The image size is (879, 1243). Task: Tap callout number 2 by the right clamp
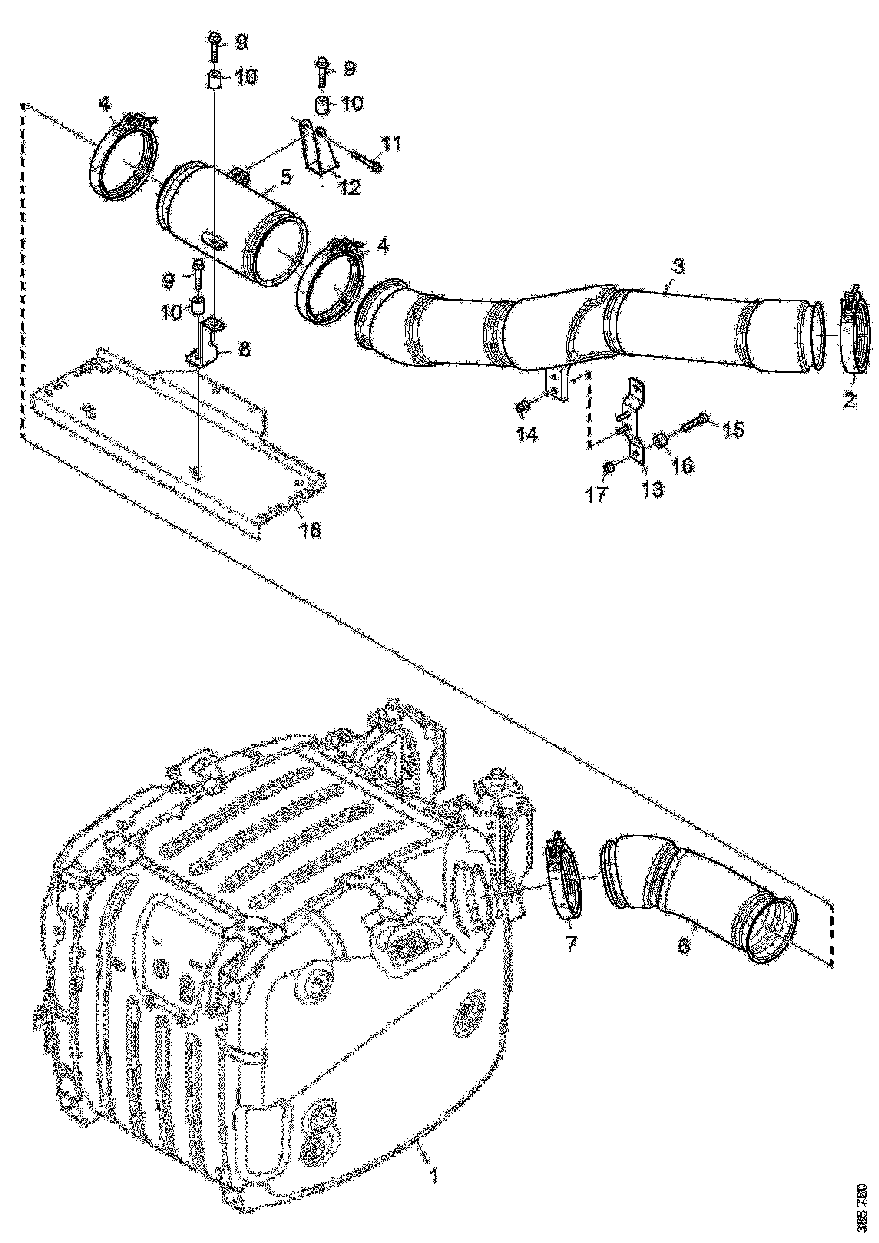849,400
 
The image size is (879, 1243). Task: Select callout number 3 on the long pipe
678,266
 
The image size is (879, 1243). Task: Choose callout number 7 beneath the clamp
571,942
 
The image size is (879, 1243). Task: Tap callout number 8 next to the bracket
244,348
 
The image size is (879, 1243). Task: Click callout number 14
527,434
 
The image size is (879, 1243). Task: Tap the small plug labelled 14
523,406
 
